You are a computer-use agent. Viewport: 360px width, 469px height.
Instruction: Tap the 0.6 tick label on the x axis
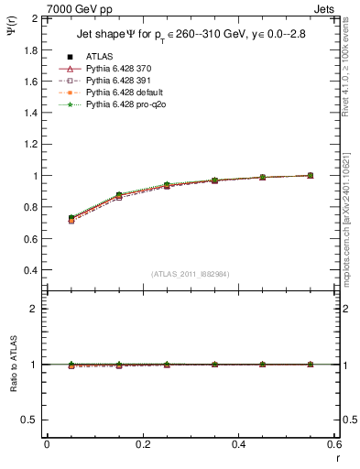334,444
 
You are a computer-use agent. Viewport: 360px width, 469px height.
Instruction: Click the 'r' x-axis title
337,457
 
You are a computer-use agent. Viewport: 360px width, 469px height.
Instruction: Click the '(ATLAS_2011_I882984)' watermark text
190,273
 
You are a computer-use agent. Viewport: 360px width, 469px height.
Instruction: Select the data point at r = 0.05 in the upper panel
71,218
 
